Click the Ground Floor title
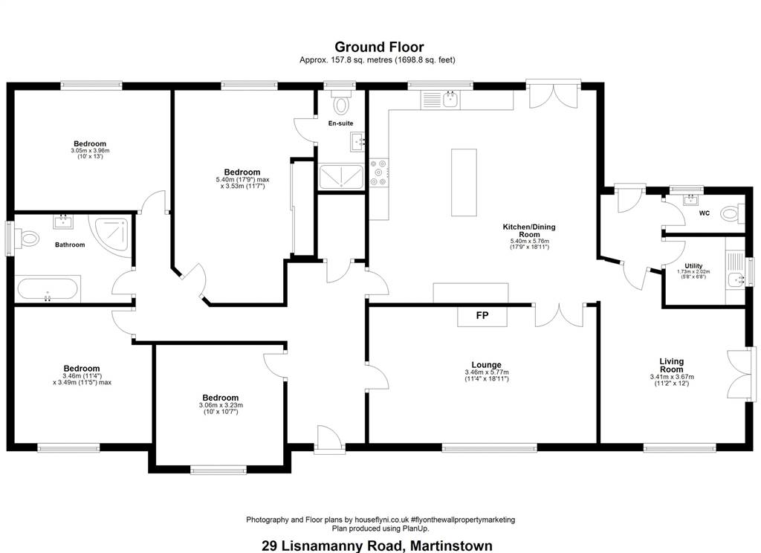pyautogui.click(x=379, y=47)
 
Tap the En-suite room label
pyautogui.click(x=340, y=123)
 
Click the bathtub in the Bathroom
pyautogui.click(x=48, y=290)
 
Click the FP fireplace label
pyautogui.click(x=482, y=316)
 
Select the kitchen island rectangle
pyautogui.click(x=464, y=183)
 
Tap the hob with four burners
pyautogui.click(x=378, y=172)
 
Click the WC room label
pyautogui.click(x=705, y=213)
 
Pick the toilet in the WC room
pyautogui.click(x=732, y=213)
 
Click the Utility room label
pyautogui.click(x=693, y=266)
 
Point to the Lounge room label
pyautogui.click(x=486, y=365)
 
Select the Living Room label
pyautogui.click(x=672, y=365)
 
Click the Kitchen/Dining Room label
pyautogui.click(x=529, y=230)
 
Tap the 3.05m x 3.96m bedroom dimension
pyautogui.click(x=90, y=151)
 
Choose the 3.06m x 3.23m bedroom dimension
pyautogui.click(x=221, y=405)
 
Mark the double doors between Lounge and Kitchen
pyautogui.click(x=560, y=316)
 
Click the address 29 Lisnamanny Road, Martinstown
pyautogui.click(x=377, y=546)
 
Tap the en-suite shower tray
pyautogui.click(x=341, y=177)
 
